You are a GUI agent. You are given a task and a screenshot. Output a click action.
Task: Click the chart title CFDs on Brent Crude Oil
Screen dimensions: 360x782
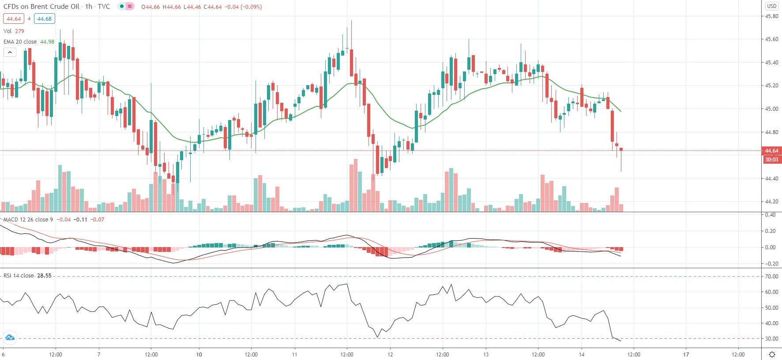point(41,7)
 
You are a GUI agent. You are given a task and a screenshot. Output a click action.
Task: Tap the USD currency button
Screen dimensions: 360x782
point(771,6)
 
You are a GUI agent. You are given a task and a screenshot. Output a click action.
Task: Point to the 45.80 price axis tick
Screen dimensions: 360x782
point(771,16)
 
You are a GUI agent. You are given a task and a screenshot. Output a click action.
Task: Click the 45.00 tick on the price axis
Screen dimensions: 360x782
point(771,109)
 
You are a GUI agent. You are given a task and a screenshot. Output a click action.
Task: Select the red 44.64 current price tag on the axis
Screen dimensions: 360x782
point(771,151)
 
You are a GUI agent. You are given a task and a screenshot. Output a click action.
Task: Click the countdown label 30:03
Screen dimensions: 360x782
point(771,160)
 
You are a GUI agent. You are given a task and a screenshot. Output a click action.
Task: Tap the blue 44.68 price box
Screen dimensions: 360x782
point(44,19)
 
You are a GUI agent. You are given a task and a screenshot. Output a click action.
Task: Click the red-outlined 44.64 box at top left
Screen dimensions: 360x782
point(13,19)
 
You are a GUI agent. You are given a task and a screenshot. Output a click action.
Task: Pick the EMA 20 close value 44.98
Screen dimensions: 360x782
point(47,42)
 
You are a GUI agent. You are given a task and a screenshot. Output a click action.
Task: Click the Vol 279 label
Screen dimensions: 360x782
point(14,31)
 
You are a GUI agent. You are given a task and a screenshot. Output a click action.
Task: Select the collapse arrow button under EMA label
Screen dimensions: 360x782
point(10,52)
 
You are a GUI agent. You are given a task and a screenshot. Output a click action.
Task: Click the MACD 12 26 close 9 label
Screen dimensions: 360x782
point(28,220)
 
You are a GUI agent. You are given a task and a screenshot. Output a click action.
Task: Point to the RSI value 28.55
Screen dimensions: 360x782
point(44,276)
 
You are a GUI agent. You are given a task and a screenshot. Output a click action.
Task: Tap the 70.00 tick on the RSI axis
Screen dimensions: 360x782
point(771,277)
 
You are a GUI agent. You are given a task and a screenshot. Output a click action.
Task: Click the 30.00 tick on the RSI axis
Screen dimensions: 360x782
point(771,339)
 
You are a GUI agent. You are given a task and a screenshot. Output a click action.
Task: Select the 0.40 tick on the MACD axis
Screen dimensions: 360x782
point(770,215)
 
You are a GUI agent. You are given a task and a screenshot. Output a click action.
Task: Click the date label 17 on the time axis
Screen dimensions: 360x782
point(686,354)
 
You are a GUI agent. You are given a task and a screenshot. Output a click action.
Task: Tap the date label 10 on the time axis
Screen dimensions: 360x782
point(199,354)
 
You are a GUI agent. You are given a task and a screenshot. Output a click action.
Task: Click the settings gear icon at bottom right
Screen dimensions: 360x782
point(772,354)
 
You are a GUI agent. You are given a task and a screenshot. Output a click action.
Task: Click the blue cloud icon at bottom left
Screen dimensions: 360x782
point(10,338)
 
